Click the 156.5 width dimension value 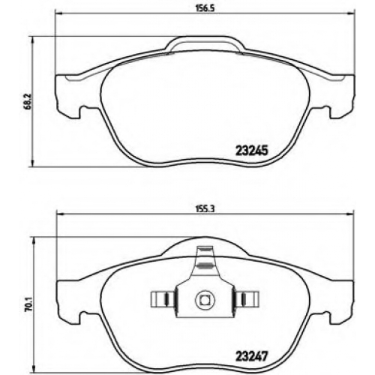point(204,7)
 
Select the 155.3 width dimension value point(204,209)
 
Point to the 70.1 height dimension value point(28,303)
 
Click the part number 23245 point(252,151)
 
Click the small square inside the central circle point(205,299)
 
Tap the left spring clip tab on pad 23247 point(162,299)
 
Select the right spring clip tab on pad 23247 point(247,299)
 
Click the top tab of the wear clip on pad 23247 point(205,250)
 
